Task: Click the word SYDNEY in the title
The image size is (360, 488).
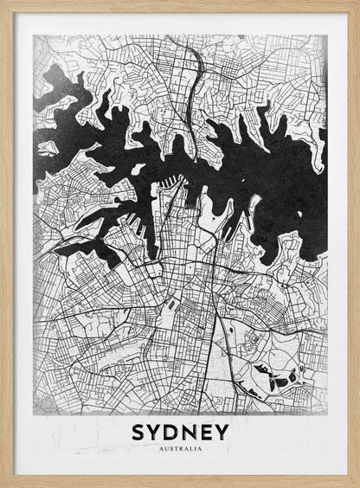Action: (x=181, y=432)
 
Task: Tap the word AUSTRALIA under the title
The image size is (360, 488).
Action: (x=181, y=449)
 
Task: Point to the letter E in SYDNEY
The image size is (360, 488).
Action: (x=206, y=432)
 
